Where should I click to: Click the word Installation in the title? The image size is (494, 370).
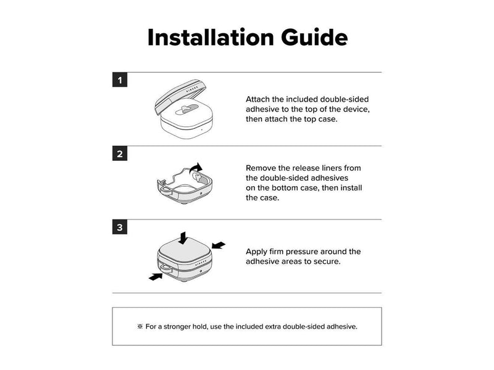(x=211, y=38)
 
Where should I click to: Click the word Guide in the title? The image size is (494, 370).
(x=314, y=38)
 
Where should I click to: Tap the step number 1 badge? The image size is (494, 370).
(x=120, y=80)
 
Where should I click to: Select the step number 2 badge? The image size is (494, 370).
(x=120, y=154)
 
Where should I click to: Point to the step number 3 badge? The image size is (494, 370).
(x=120, y=227)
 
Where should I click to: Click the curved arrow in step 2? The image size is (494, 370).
(x=196, y=168)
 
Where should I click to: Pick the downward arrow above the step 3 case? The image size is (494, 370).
(x=183, y=238)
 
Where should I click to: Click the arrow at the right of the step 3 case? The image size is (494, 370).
(x=219, y=245)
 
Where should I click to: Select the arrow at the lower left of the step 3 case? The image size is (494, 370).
(x=156, y=276)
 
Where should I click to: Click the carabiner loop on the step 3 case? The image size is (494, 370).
(x=165, y=268)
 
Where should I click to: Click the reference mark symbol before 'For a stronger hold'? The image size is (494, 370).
(x=140, y=326)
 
